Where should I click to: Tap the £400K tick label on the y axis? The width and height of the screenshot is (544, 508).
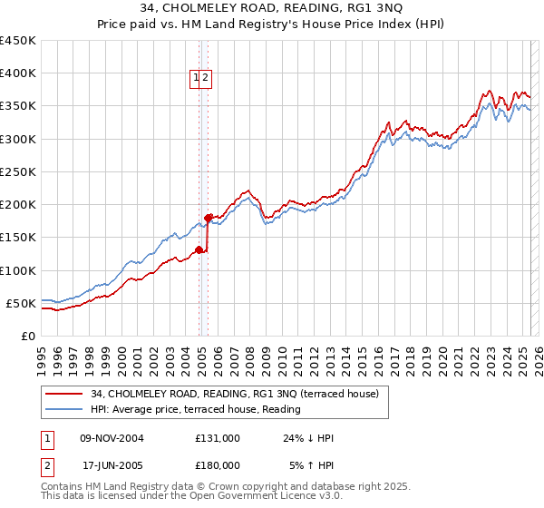(x=17, y=73)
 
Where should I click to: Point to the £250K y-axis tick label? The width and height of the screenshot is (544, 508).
(x=17, y=171)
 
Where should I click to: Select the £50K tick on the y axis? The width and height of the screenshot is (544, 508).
(x=21, y=303)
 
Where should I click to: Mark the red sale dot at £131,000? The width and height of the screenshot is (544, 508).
(x=199, y=249)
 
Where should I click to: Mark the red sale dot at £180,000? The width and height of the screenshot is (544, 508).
(x=209, y=218)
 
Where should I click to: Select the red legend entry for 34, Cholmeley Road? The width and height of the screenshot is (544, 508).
(x=239, y=394)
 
